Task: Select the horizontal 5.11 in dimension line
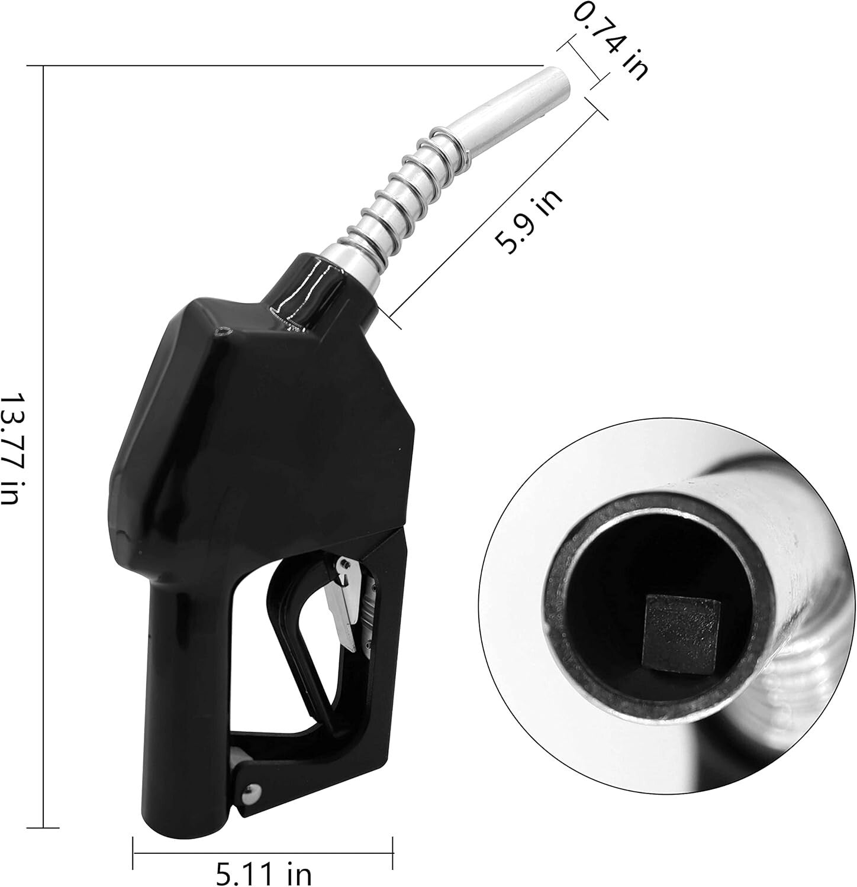coord(263,853)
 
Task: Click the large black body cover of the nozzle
coord(260,426)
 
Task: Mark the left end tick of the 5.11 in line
coord(133,853)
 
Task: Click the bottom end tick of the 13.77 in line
coord(44,827)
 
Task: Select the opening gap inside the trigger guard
coord(278,692)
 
